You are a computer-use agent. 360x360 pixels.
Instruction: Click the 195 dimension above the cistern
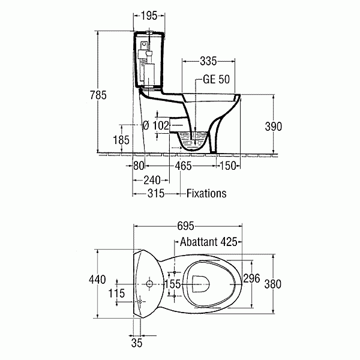tap(149, 16)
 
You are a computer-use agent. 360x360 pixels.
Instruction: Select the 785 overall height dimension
tap(98, 95)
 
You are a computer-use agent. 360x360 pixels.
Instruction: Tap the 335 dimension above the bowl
tap(208, 61)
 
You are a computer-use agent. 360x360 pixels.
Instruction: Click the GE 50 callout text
tap(216, 79)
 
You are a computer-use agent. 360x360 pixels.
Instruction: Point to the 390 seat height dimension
tap(273, 127)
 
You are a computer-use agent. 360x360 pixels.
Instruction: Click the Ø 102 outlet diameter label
tap(156, 125)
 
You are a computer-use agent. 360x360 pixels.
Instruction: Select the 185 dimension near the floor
tap(121, 140)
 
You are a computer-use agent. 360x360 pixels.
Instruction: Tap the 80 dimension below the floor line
tap(139, 166)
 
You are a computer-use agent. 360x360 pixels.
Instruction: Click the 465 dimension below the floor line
tap(183, 166)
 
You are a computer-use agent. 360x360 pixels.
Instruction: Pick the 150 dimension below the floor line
tap(228, 166)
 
